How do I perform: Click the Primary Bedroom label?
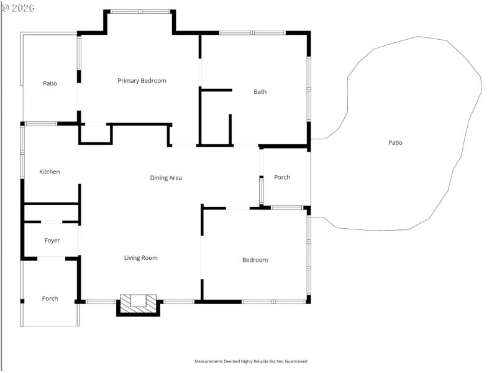point(142,81)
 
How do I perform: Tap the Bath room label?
point(260,92)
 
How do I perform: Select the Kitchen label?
point(50,172)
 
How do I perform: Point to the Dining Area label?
point(166,178)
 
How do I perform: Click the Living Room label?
point(140,258)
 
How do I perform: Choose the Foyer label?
point(52,241)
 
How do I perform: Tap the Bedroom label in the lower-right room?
point(255,260)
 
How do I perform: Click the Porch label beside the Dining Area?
point(282,177)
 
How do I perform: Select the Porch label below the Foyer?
point(50,298)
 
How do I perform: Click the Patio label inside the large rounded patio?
point(395,143)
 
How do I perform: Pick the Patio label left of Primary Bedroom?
point(50,83)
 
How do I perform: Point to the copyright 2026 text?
point(18,8)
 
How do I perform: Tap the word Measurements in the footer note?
point(210,361)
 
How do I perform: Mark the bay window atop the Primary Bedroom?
point(140,12)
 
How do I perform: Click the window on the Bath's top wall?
point(252,32)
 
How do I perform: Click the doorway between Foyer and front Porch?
point(52,258)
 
